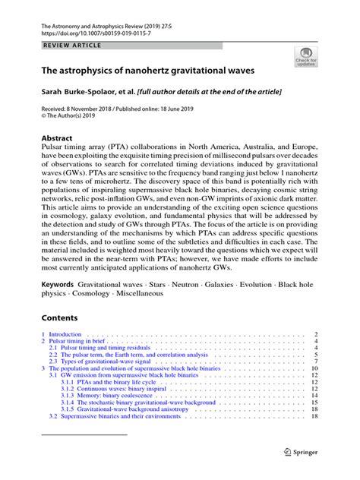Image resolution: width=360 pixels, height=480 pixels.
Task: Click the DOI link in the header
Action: pyautogui.click(x=87, y=34)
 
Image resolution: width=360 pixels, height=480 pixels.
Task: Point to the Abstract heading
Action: pyautogui.click(x=57, y=138)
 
